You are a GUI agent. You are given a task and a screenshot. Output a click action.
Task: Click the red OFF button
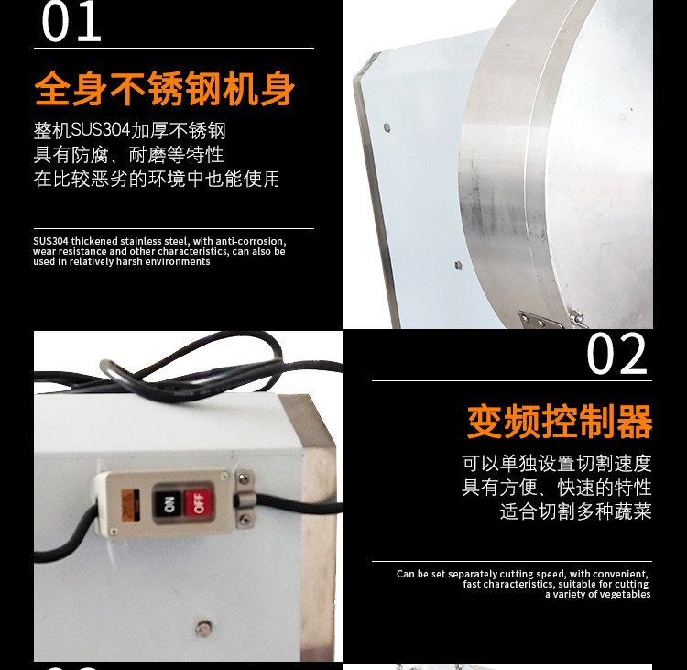[199, 502]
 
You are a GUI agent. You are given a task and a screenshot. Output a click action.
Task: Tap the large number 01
[71, 22]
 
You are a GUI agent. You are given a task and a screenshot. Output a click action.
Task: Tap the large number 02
[616, 354]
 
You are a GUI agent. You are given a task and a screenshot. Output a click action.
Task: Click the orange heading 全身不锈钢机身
[164, 89]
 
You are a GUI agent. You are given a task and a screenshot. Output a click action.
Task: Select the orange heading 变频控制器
[560, 422]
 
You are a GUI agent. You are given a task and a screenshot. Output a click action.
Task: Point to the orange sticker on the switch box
[131, 505]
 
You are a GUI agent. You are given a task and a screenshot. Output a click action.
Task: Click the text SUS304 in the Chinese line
[101, 130]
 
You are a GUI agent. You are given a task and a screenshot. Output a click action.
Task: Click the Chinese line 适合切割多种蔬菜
[576, 511]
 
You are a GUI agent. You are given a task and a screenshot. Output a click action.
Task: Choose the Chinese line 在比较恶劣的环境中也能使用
[157, 179]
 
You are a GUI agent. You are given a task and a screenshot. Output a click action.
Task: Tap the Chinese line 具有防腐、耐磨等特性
[128, 154]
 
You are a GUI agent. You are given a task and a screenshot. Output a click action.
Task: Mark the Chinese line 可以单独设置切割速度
[557, 464]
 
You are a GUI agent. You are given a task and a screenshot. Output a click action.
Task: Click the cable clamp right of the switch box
[245, 499]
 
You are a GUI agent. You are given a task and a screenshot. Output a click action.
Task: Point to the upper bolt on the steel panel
[387, 127]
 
